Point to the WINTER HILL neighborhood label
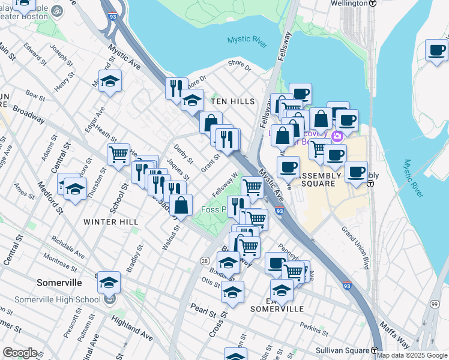(x=111, y=222)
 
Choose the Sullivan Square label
(x=340, y=350)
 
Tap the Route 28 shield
(x=205, y=260)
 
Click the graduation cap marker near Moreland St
(x=110, y=81)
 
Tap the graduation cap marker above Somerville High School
(x=109, y=281)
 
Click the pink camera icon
(x=337, y=136)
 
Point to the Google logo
(x=20, y=352)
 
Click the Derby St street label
(x=183, y=151)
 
